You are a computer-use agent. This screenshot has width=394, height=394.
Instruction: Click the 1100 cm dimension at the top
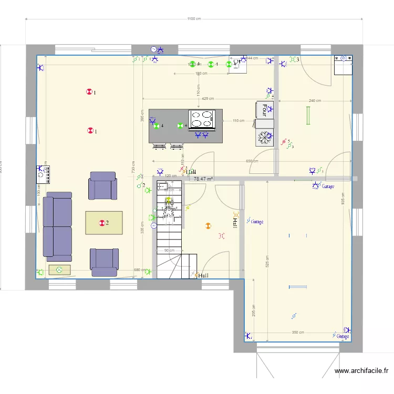[x=194, y=19]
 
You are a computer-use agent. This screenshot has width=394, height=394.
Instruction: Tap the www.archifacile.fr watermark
[x=363, y=371]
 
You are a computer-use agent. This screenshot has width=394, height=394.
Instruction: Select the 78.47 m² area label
[x=204, y=179]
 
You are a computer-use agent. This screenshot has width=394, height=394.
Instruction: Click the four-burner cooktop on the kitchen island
[x=202, y=119]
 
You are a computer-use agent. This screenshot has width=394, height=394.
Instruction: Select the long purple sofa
[x=57, y=226]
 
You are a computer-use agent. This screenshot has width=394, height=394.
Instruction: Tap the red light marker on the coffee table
[x=102, y=223]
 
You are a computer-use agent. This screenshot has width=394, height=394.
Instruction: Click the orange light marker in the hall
[x=208, y=226]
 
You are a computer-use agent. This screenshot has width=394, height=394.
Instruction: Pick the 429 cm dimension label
[x=208, y=99]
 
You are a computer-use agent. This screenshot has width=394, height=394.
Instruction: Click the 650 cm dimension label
[x=252, y=161]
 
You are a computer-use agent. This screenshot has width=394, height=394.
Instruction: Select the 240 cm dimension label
[x=315, y=100]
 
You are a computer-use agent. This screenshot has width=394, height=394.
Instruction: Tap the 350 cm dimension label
[x=298, y=333]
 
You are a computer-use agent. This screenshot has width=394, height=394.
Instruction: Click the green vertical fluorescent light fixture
[x=308, y=116]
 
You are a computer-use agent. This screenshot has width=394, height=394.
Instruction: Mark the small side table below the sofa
[x=59, y=270]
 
